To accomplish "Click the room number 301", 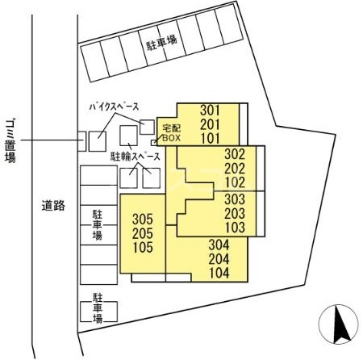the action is pos(210,110).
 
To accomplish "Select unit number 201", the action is pos(210,124).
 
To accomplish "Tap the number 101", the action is pos(210,138).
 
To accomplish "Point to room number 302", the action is pos(235,154).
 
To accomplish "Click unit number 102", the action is pos(235,182).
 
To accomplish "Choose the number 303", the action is pos(235,199).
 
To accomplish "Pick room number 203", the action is pos(235,213).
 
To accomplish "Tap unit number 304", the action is pos(219,245).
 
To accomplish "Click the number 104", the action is pos(219,273).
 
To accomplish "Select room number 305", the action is pos(143,220).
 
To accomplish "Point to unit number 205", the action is pos(143,233).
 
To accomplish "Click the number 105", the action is pos(143,247).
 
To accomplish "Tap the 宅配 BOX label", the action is pos(172,132).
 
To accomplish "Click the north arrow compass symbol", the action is pos(339,324).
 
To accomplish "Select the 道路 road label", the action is pos(53,206).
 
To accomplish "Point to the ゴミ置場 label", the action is pos(10,141).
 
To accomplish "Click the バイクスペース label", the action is pos(115,107).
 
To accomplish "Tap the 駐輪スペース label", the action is pos(136,157).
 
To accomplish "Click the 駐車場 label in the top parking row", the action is pos(161,43).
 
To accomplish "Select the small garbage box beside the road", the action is pos(81,141).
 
